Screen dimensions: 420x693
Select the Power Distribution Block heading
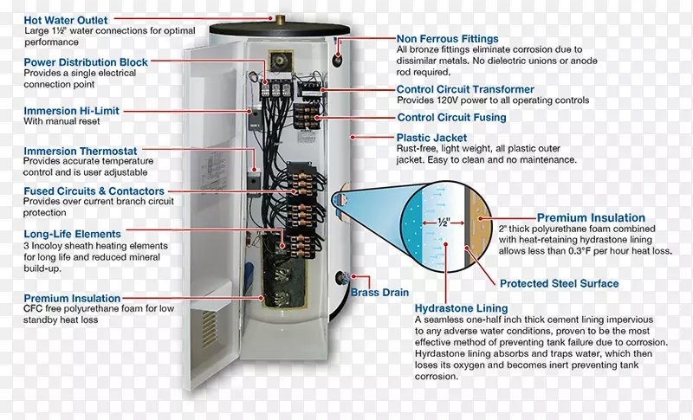coord(85,62)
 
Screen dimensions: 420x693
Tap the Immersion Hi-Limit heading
coord(71,111)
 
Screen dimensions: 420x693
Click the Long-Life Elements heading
coord(72,234)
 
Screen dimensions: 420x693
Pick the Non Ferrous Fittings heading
coord(447,38)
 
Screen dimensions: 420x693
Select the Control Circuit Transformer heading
coord(465,89)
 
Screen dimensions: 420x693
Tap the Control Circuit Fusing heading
coord(451,117)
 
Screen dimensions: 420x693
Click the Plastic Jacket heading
coord(431,138)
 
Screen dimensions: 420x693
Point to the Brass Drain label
coord(379,293)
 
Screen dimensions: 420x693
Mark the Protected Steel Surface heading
coord(559,283)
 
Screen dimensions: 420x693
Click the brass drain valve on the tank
coord(340,279)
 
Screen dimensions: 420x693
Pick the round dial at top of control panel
coord(282,61)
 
